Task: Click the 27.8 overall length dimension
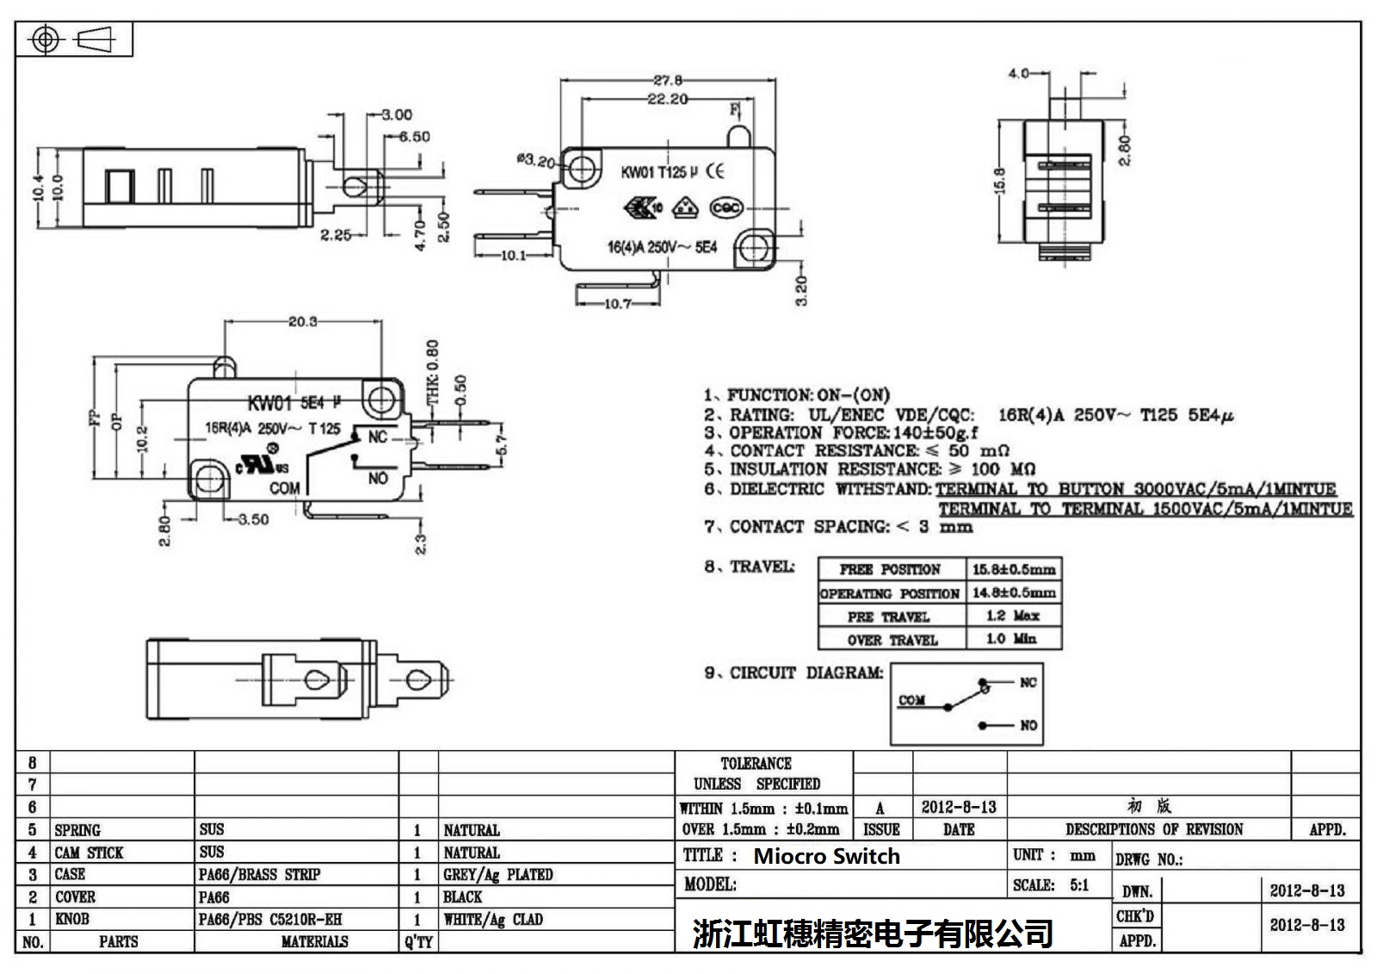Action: pos(667,80)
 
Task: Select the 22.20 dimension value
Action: pos(667,99)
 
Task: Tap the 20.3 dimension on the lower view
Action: pos(302,321)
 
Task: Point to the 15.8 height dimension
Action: pos(999,183)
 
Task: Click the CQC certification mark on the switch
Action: pos(726,208)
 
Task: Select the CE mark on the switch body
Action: pos(715,171)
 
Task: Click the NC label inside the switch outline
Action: pos(378,437)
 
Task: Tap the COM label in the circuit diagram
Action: pos(911,700)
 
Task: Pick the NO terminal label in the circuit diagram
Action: pos(1028,725)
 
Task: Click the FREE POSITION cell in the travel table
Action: pos(890,570)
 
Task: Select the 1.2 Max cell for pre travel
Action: pos(1012,616)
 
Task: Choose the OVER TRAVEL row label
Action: pos(892,640)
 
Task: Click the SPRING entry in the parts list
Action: pos(77,830)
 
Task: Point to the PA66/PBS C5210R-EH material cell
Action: pos(270,920)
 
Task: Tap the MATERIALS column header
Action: pos(314,942)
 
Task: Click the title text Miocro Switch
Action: pos(826,856)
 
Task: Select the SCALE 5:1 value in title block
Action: pos(1079,884)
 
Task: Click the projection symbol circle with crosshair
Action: pos(45,40)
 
